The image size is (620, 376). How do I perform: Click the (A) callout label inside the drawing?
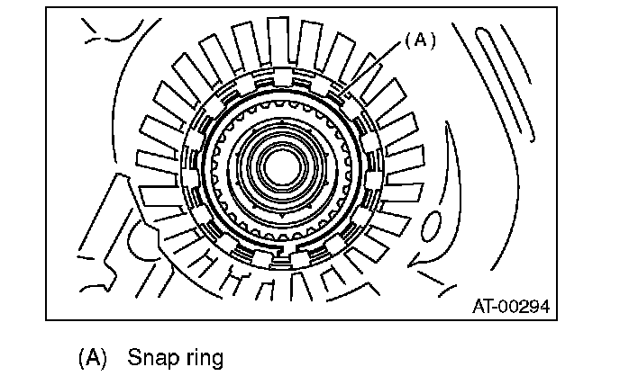point(418,40)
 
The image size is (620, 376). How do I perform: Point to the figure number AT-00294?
point(510,306)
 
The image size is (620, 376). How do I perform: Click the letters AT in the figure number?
point(483,306)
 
